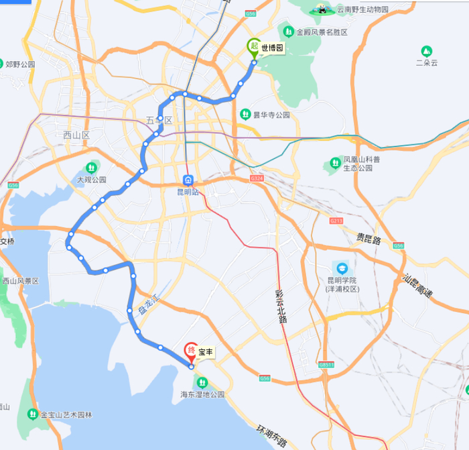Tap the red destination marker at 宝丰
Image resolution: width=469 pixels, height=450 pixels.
coord(191,350)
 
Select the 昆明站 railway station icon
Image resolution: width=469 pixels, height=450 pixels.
coord(190,180)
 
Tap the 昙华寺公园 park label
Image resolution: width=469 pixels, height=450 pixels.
coord(271,115)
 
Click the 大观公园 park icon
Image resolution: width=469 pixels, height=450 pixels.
coord(91,167)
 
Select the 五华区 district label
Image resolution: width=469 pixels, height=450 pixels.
coord(159,121)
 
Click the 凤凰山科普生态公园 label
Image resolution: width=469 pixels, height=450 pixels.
coord(362,164)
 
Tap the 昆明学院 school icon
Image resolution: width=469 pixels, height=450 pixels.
coord(342,268)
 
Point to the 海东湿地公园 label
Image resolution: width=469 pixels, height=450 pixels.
coord(202,395)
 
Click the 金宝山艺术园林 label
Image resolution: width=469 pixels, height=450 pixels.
coord(66,415)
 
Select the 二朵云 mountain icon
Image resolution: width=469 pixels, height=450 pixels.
coord(426,51)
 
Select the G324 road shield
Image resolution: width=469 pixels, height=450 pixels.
coord(257,178)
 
